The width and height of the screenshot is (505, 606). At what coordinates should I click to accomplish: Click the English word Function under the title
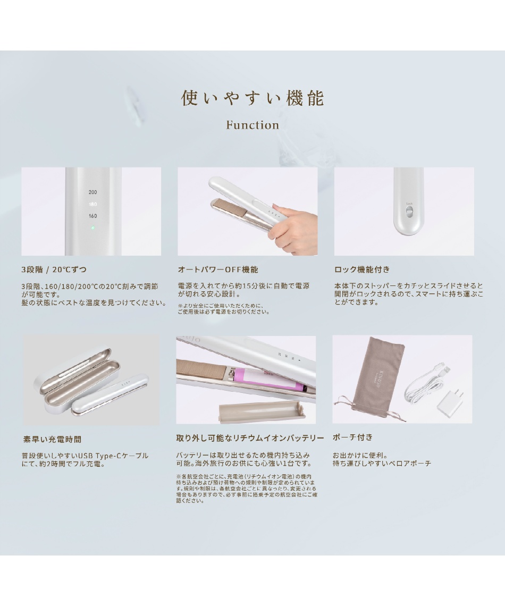252,125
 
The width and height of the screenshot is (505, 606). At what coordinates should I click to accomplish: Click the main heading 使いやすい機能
252,98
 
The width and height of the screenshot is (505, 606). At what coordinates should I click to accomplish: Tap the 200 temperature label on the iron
92,192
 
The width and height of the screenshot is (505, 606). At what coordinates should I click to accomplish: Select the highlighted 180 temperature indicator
92,204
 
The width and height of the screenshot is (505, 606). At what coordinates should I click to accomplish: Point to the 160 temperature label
92,216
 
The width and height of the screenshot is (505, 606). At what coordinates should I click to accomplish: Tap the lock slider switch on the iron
409,212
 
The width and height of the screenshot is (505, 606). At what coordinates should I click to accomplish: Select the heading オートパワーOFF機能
218,270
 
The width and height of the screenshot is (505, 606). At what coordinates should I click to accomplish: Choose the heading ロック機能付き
362,270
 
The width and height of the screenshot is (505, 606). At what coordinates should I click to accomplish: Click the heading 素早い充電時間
52,440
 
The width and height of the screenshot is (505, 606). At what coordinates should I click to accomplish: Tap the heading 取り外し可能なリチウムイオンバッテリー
250,438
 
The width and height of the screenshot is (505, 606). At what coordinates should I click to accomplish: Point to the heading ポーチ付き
352,437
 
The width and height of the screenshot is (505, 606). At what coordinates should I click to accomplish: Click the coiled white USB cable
425,383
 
